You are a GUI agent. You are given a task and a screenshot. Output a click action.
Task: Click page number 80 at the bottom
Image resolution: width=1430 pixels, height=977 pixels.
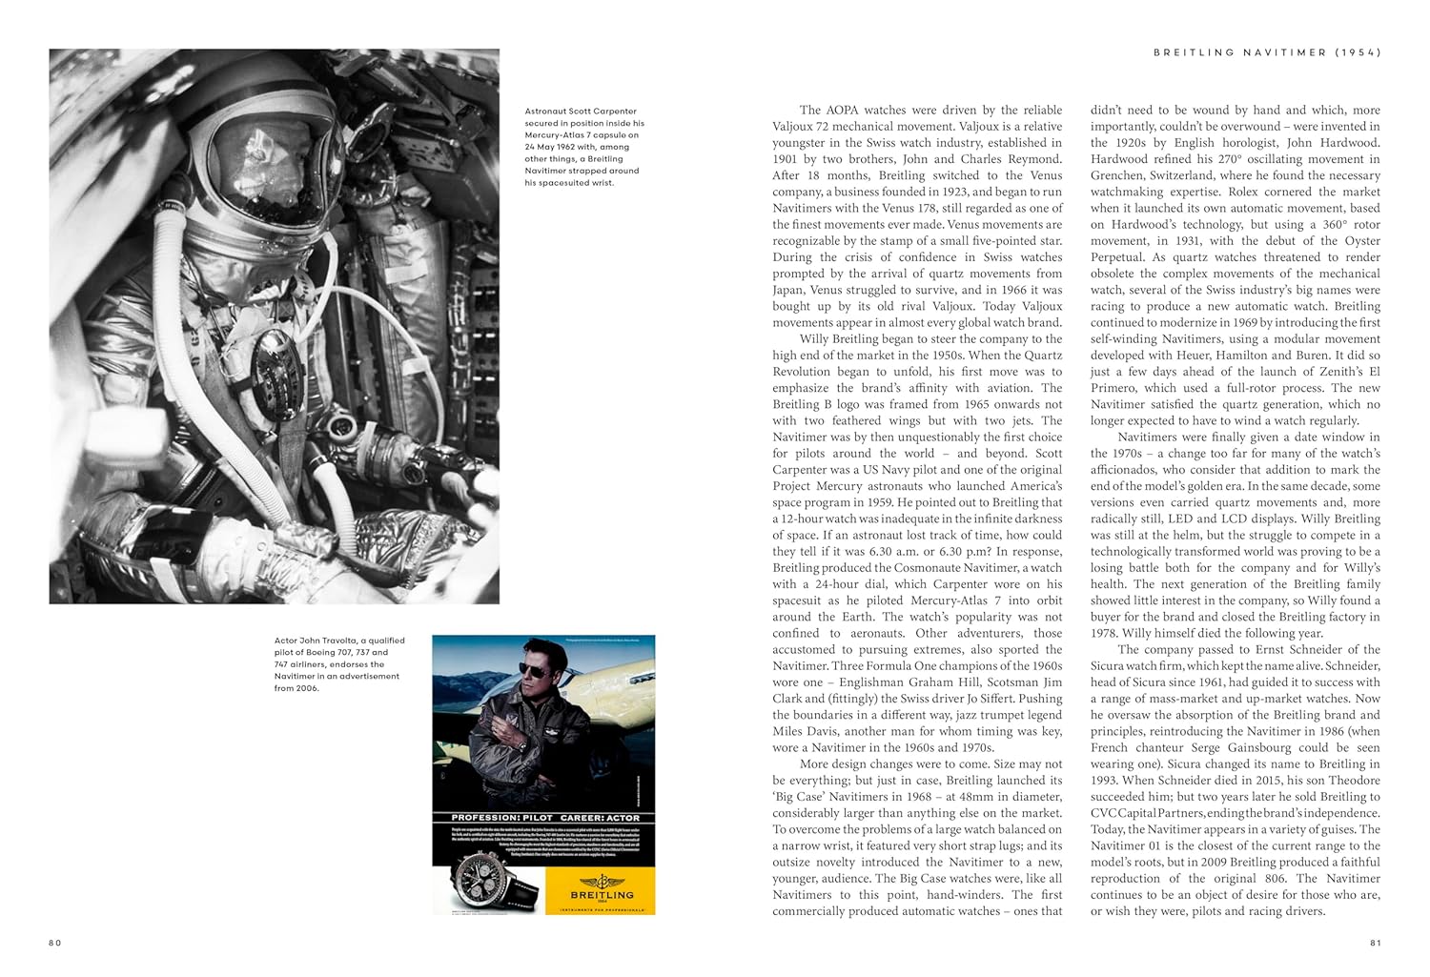[x=54, y=943]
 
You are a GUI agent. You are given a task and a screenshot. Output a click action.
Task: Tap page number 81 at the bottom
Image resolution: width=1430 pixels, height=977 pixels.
[x=1375, y=943]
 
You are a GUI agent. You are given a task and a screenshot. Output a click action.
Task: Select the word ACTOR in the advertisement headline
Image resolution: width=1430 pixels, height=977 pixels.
[x=618, y=818]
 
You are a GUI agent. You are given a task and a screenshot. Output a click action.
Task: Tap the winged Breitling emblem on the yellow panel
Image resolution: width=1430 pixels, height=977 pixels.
[x=601, y=882]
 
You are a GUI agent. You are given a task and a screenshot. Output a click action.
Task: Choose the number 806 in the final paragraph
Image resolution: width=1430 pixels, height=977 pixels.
[x=1255, y=878]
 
